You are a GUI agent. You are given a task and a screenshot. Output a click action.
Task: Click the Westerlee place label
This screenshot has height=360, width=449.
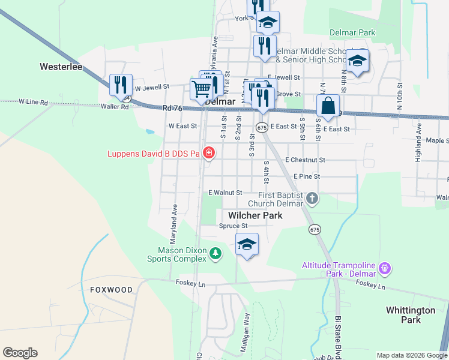tap(61, 67)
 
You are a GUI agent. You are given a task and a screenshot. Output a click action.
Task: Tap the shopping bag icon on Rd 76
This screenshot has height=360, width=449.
tap(328, 106)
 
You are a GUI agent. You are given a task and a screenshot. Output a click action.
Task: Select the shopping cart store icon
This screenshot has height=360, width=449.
tap(202, 89)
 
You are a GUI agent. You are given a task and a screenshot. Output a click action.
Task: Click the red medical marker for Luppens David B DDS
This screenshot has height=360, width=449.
tap(208, 154)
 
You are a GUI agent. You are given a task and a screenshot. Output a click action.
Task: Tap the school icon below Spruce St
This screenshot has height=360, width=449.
tap(247, 245)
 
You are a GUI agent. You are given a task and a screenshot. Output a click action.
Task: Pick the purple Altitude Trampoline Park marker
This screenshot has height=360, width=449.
tap(385, 268)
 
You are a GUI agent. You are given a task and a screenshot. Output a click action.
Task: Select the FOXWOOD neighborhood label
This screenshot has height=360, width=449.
tap(111, 290)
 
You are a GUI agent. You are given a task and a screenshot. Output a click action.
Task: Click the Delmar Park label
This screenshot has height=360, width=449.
tap(352, 32)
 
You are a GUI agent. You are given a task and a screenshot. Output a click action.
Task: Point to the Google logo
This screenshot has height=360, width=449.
tap(20, 353)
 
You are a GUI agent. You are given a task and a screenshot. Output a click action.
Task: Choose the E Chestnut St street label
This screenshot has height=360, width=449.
tap(305, 160)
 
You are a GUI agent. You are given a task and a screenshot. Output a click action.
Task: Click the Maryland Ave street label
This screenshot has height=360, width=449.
tap(175, 218)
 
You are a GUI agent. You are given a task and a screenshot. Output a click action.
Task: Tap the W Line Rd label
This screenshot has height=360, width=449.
tap(33, 102)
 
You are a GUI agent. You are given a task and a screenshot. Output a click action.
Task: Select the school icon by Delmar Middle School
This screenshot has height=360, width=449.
tap(358, 61)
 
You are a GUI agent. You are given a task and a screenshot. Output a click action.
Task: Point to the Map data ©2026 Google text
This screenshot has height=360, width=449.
tap(411, 355)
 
